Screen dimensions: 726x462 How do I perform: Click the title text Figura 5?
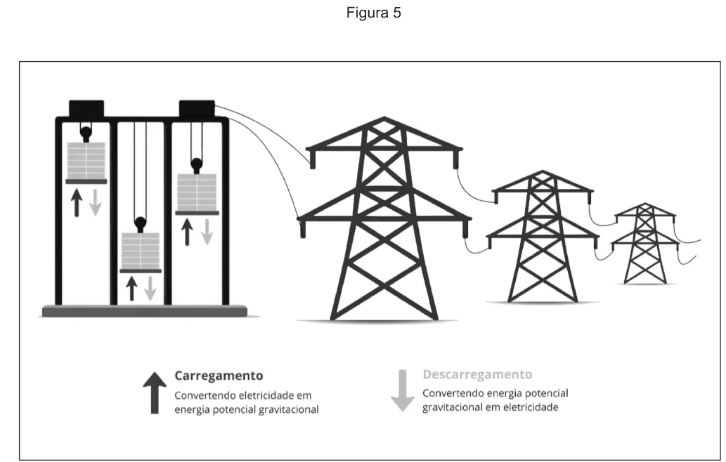[373, 13]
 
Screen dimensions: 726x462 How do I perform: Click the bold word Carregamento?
[219, 376]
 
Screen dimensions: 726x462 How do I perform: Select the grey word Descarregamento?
[477, 374]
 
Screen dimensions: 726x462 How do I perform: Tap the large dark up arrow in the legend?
[155, 392]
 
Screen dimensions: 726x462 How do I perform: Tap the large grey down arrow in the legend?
[403, 390]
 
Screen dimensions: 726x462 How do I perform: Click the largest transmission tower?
[384, 218]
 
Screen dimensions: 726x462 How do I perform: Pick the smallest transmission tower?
[644, 243]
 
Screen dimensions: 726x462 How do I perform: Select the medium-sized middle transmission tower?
[543, 236]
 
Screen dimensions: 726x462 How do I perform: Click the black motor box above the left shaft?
[86, 109]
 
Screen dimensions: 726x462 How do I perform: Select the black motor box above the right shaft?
[197, 109]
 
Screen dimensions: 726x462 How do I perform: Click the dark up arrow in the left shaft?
[77, 202]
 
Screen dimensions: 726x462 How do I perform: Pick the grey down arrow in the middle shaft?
[150, 288]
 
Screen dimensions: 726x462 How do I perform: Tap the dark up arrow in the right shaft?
[187, 232]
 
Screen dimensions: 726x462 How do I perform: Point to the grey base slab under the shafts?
[145, 311]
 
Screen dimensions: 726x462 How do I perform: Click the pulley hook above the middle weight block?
[141, 225]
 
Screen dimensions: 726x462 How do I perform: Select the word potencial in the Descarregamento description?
[546, 393]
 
